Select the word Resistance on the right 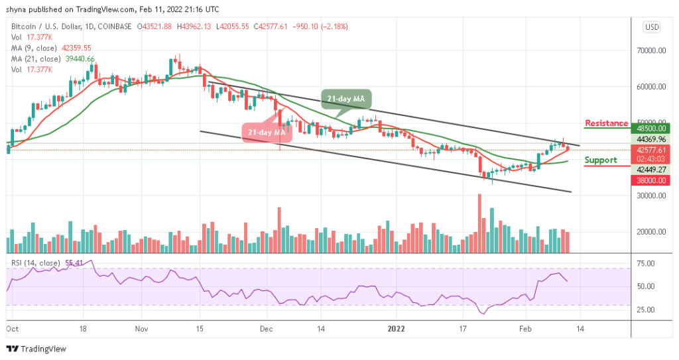click(x=606, y=123)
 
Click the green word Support click(x=601, y=160)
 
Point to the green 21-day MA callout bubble click(x=346, y=99)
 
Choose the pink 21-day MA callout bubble click(x=267, y=133)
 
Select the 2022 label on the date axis click(x=397, y=328)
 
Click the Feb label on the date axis click(x=525, y=328)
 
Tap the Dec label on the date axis click(x=267, y=328)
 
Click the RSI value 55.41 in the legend click(x=72, y=263)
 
